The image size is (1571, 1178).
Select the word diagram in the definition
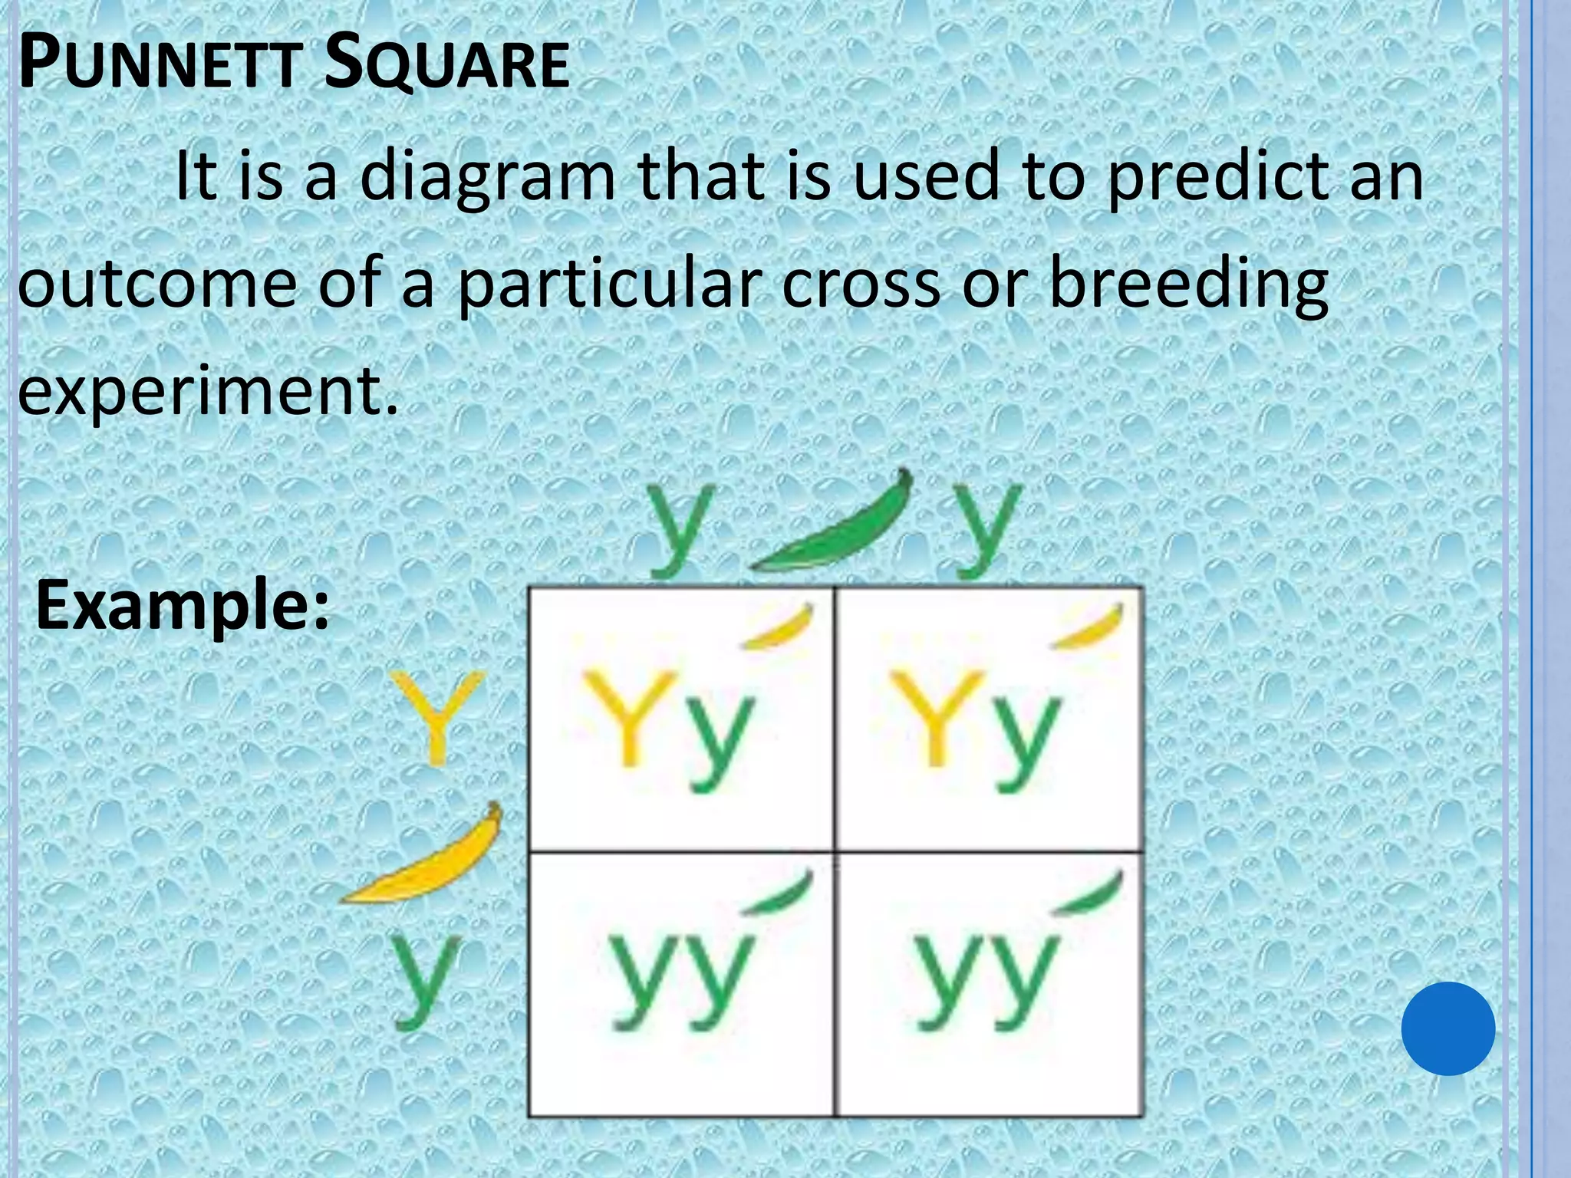coord(488,178)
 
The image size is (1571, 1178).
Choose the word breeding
coord(1187,285)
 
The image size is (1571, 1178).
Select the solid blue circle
coord(1447,1028)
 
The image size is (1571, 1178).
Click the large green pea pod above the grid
coord(832,529)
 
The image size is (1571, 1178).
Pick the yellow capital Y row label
coord(437,717)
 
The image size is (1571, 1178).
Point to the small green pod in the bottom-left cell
coord(779,893)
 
